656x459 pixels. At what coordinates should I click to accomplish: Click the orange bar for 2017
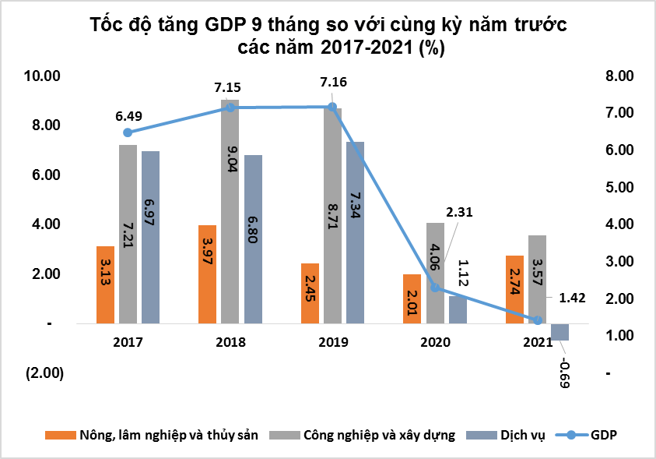105,284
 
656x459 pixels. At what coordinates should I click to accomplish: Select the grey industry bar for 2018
230,210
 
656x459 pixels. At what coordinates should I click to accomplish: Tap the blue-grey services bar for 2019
355,232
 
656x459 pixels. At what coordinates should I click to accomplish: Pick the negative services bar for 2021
560,331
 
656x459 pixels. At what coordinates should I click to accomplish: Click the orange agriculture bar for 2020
412,298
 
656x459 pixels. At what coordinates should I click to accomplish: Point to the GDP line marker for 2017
128,132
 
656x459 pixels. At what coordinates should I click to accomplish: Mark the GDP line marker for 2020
436,288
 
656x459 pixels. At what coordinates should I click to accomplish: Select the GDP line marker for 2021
537,320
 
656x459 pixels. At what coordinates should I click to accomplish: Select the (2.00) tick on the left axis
44,373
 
